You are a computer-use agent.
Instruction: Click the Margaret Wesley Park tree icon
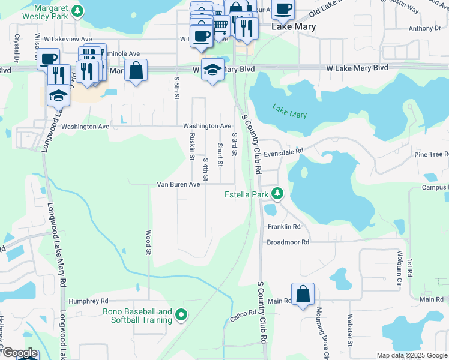click(x=77, y=11)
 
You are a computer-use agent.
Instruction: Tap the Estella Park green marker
click(x=277, y=194)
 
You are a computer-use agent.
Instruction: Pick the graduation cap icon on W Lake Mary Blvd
click(x=212, y=70)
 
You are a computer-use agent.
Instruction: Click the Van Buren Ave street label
click(x=178, y=185)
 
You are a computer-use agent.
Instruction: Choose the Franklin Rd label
click(x=284, y=227)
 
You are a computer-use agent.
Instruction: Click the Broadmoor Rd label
click(x=288, y=242)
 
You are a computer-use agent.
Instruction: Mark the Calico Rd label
click(x=243, y=313)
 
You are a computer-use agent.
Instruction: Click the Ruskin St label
click(x=192, y=147)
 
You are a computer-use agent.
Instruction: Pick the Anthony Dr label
click(x=424, y=28)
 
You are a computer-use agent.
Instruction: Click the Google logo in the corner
click(x=19, y=353)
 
